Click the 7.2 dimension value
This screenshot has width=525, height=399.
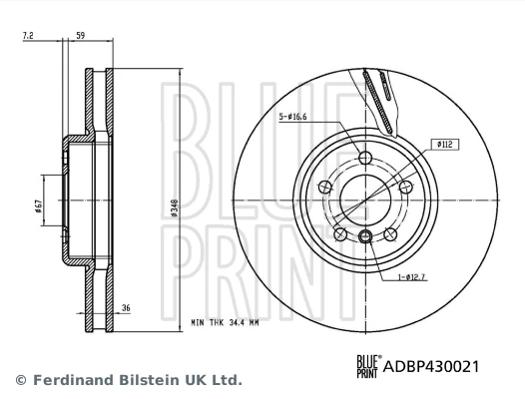point(29,37)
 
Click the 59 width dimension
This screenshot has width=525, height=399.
point(81,37)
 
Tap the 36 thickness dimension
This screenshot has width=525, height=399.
point(127,309)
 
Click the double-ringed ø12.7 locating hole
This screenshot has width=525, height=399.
point(365,236)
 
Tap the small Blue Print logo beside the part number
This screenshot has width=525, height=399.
point(366,366)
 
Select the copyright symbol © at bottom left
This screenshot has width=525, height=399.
point(20,380)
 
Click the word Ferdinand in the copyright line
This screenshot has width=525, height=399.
point(76,380)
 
